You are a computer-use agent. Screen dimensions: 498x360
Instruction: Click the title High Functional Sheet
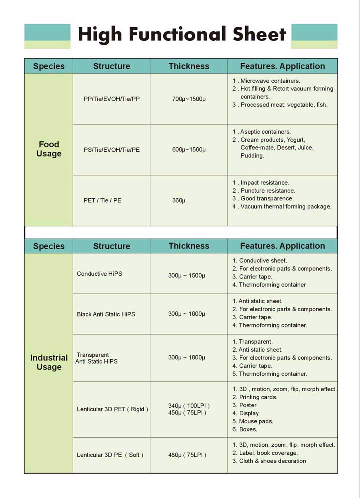click(x=182, y=35)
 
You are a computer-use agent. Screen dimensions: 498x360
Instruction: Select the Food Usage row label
click(x=49, y=149)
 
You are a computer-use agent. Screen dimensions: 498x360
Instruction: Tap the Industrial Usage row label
click(x=49, y=362)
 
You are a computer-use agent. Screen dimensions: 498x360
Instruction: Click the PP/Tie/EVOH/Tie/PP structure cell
click(x=112, y=99)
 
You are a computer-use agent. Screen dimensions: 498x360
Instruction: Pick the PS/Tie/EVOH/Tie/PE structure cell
click(x=112, y=150)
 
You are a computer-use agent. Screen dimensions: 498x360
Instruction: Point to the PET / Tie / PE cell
click(x=103, y=200)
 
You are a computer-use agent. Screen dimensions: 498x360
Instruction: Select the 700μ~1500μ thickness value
click(x=189, y=99)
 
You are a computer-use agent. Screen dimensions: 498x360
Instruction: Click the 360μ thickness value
click(x=179, y=200)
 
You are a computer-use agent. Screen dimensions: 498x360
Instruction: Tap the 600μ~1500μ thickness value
click(x=189, y=150)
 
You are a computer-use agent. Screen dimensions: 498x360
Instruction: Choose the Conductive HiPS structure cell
click(x=99, y=274)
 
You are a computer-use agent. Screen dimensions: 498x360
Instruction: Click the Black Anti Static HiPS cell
click(x=106, y=314)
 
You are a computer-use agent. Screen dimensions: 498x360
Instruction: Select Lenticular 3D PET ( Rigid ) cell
click(x=112, y=409)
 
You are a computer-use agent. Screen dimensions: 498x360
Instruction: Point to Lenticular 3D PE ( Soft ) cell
click(x=110, y=455)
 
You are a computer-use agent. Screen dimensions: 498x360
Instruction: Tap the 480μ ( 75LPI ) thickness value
click(x=187, y=455)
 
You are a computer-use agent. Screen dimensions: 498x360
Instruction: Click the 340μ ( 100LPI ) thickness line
click(x=189, y=405)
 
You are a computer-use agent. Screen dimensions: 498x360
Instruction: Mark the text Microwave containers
click(x=270, y=81)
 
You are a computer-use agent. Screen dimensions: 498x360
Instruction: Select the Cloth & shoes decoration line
click(x=272, y=461)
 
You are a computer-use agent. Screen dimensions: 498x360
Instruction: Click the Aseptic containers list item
click(x=265, y=132)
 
